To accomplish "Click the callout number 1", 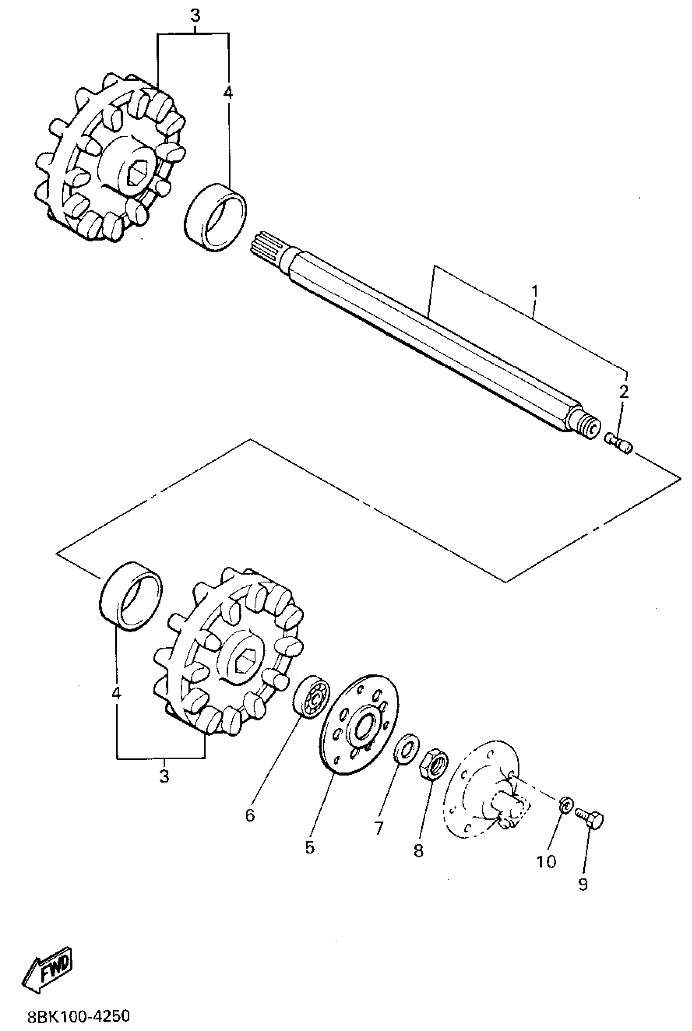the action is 534,292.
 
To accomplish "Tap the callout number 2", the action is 624,392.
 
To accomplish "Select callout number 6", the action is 250,816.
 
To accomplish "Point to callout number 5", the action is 310,848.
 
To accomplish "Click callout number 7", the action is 379,828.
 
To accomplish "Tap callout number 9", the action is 583,884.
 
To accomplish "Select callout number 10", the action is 546,861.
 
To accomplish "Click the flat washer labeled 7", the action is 406,747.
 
